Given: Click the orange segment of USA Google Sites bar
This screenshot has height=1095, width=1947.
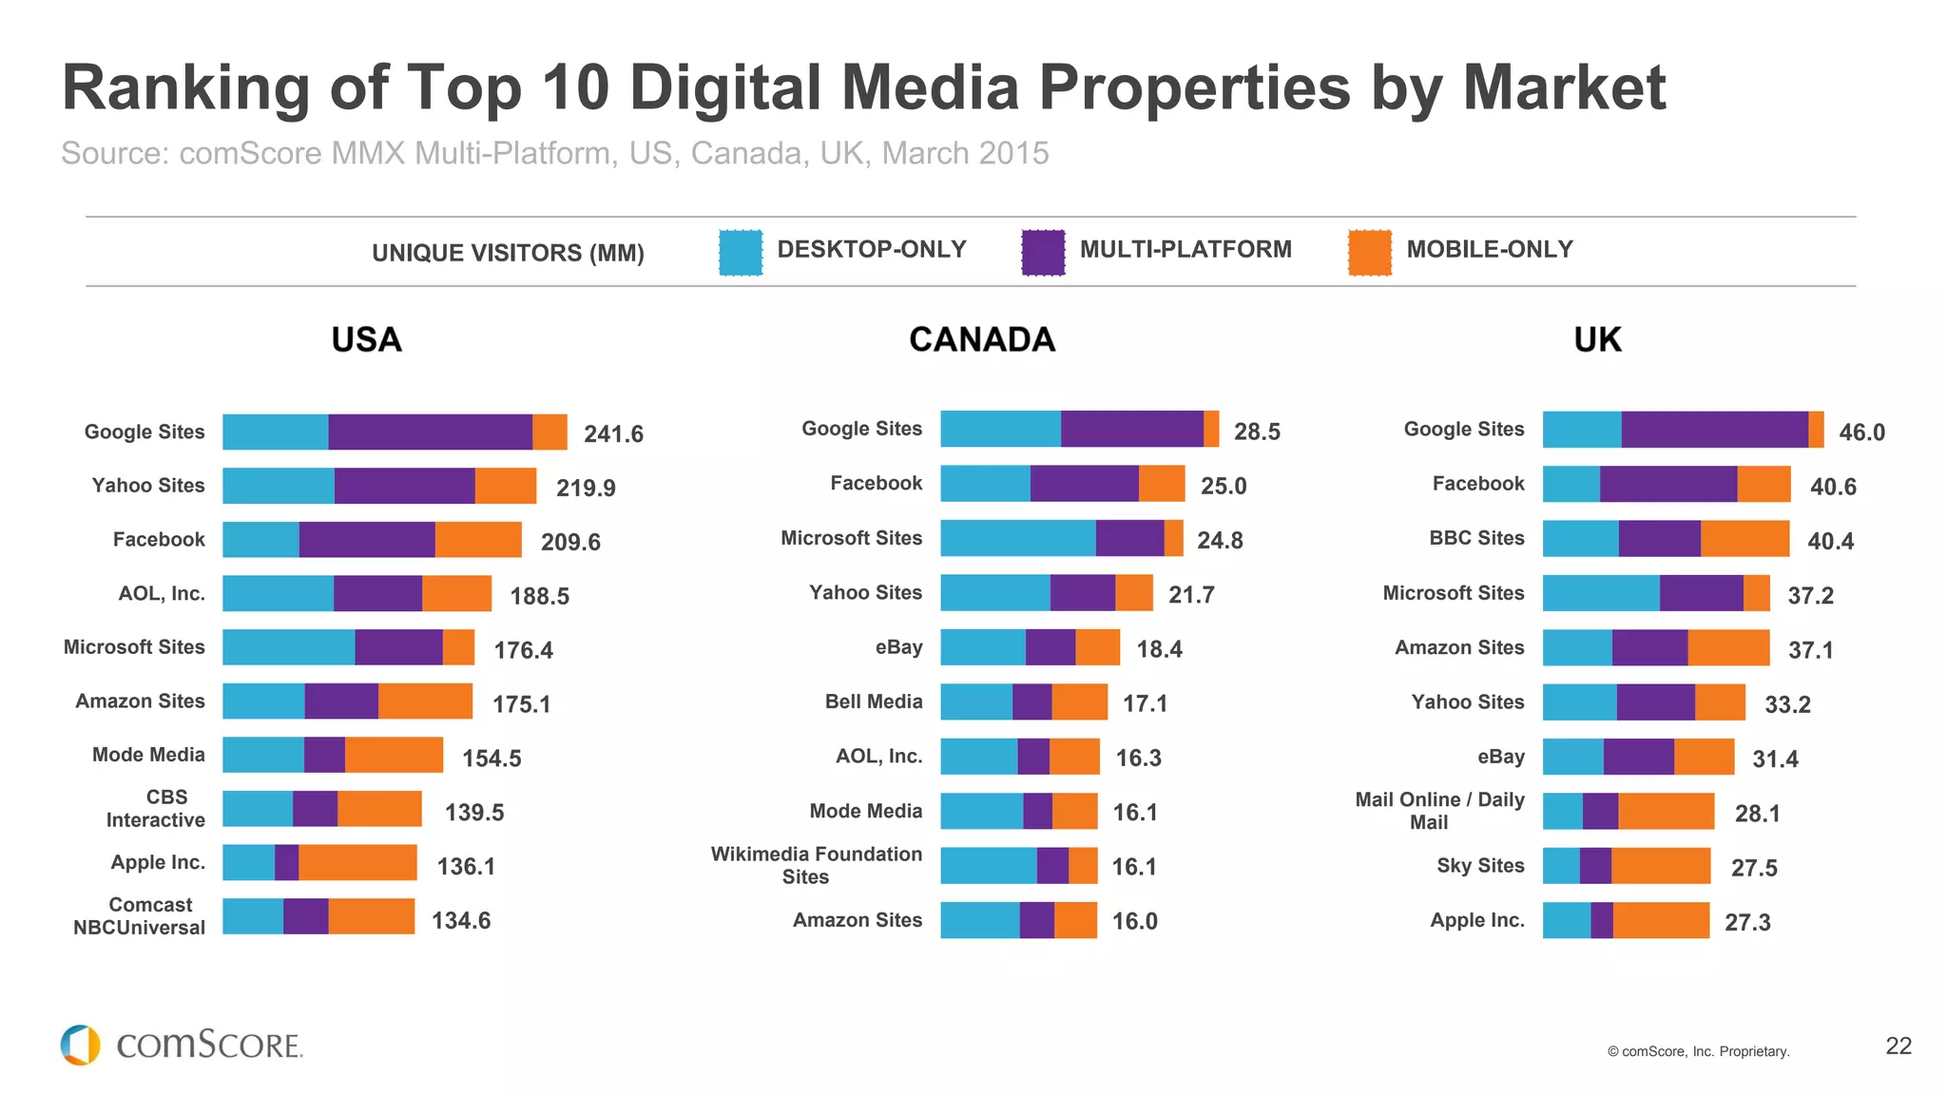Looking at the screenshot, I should click(x=549, y=432).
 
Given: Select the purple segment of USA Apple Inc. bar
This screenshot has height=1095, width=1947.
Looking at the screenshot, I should click(x=286, y=863).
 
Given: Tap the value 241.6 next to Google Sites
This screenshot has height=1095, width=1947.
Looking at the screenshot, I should click(x=613, y=434).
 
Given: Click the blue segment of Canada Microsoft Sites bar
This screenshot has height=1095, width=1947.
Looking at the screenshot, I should click(x=1017, y=538).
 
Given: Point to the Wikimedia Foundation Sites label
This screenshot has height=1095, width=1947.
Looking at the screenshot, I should click(x=816, y=865).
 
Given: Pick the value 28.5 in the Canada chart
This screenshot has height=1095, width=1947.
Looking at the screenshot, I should click(x=1257, y=432).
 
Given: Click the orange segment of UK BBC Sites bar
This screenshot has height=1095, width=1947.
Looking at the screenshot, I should click(x=1745, y=539).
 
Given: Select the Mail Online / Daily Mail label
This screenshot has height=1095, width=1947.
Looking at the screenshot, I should click(x=1438, y=811).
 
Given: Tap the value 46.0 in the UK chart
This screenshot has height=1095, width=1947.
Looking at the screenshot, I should click(x=1861, y=432).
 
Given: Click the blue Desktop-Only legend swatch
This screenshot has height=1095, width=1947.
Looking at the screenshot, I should click(x=741, y=253).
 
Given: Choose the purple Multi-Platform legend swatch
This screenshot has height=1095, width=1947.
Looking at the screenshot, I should click(x=1043, y=253).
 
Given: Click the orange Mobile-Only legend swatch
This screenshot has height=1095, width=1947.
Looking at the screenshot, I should click(x=1369, y=253).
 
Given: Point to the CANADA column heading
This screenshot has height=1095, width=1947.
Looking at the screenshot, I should click(x=982, y=339).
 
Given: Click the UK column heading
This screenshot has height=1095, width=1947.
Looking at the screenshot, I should click(x=1597, y=339).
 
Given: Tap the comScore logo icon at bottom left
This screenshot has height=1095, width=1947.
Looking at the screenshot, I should click(x=81, y=1045).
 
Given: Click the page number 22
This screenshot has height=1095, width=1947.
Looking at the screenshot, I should click(x=1898, y=1047).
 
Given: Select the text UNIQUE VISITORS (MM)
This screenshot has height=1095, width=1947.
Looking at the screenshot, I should click(x=508, y=253).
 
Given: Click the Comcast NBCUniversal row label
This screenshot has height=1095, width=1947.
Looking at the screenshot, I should click(x=139, y=916).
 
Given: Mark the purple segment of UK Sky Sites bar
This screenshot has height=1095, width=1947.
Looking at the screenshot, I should click(x=1595, y=866).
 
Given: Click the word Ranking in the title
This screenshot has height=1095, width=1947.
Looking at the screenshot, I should click(x=185, y=87).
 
